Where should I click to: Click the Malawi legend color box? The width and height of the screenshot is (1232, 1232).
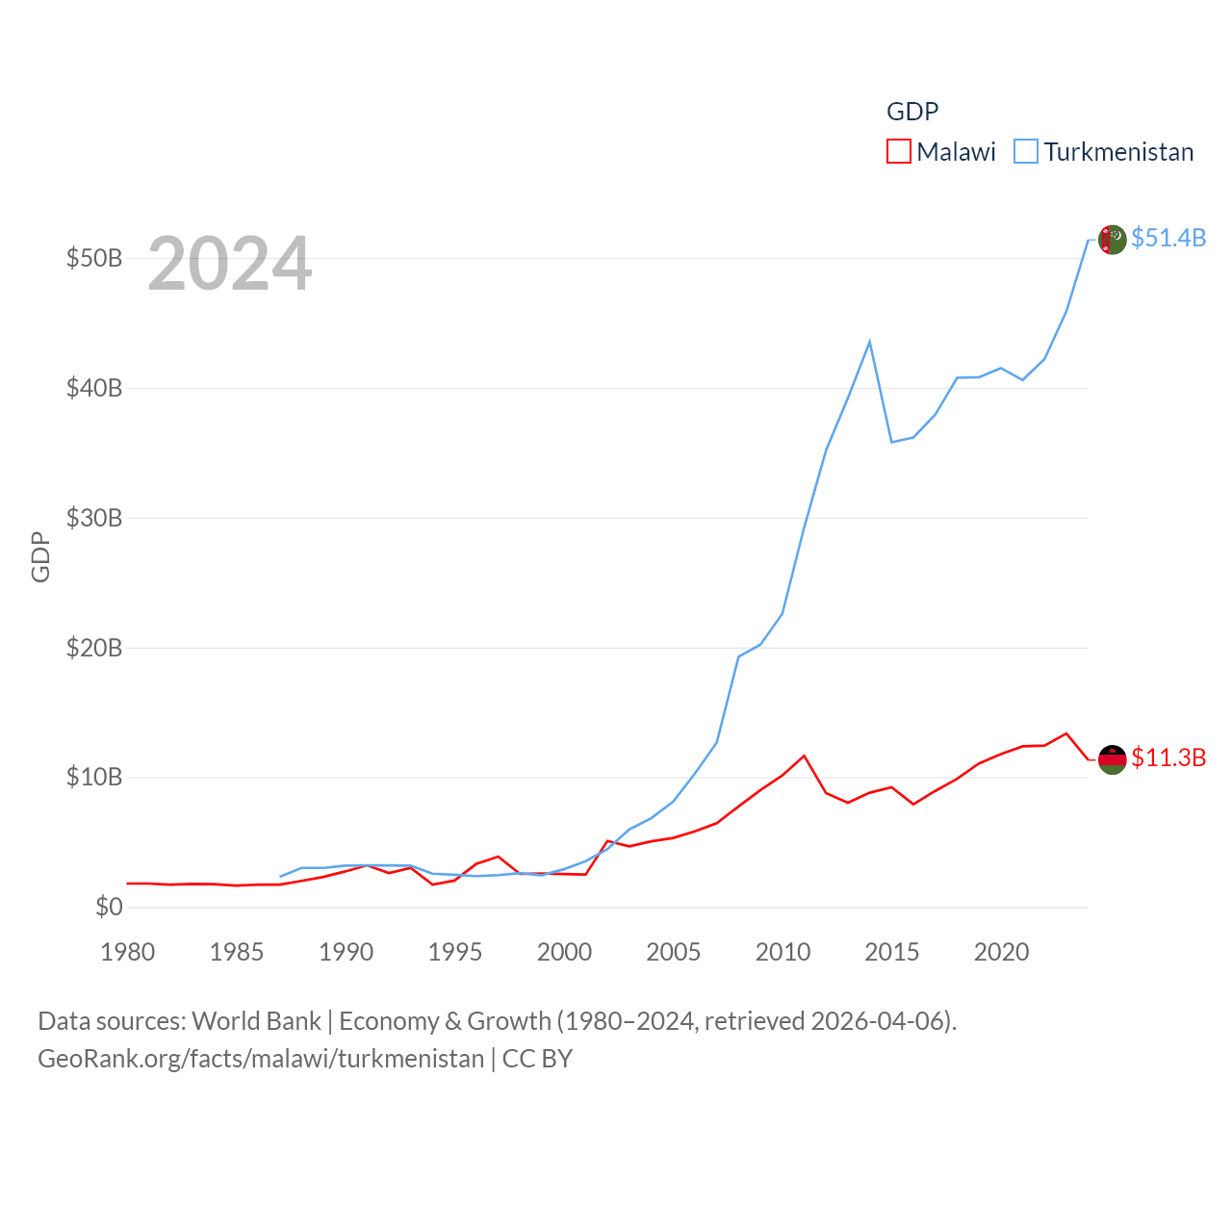coord(898,152)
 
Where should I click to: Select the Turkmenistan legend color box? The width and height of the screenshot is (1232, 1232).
coord(1026,152)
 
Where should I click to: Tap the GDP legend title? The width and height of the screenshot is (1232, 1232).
coord(911,112)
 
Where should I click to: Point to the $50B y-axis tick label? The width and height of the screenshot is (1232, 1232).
coord(93,258)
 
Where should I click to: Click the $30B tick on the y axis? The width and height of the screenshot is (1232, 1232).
coord(93,518)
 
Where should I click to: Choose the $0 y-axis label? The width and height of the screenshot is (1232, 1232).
coord(109,907)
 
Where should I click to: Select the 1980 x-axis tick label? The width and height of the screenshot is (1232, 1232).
coord(128,952)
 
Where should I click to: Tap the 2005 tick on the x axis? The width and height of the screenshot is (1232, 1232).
coord(674,952)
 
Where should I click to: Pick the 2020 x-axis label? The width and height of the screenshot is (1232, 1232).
coord(1001,952)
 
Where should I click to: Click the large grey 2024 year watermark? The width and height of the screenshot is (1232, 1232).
coord(229,263)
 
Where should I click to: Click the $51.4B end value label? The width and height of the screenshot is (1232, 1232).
coord(1168,238)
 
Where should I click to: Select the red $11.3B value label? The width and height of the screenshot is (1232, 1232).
coord(1168,757)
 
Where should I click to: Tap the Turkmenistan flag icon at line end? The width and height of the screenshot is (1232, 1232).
coord(1112,240)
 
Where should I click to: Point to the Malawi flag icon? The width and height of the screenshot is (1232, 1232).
coord(1112,759)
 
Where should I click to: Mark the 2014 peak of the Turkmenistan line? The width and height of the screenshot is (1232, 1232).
coord(869,342)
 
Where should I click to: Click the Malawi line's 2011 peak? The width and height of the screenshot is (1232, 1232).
coord(804,756)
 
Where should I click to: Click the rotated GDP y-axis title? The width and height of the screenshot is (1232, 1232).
coord(40,556)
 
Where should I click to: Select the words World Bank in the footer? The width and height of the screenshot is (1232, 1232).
coord(256,1020)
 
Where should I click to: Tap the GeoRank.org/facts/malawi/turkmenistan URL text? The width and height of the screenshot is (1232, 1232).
coord(261,1059)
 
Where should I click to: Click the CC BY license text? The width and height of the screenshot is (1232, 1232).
coord(537,1059)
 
